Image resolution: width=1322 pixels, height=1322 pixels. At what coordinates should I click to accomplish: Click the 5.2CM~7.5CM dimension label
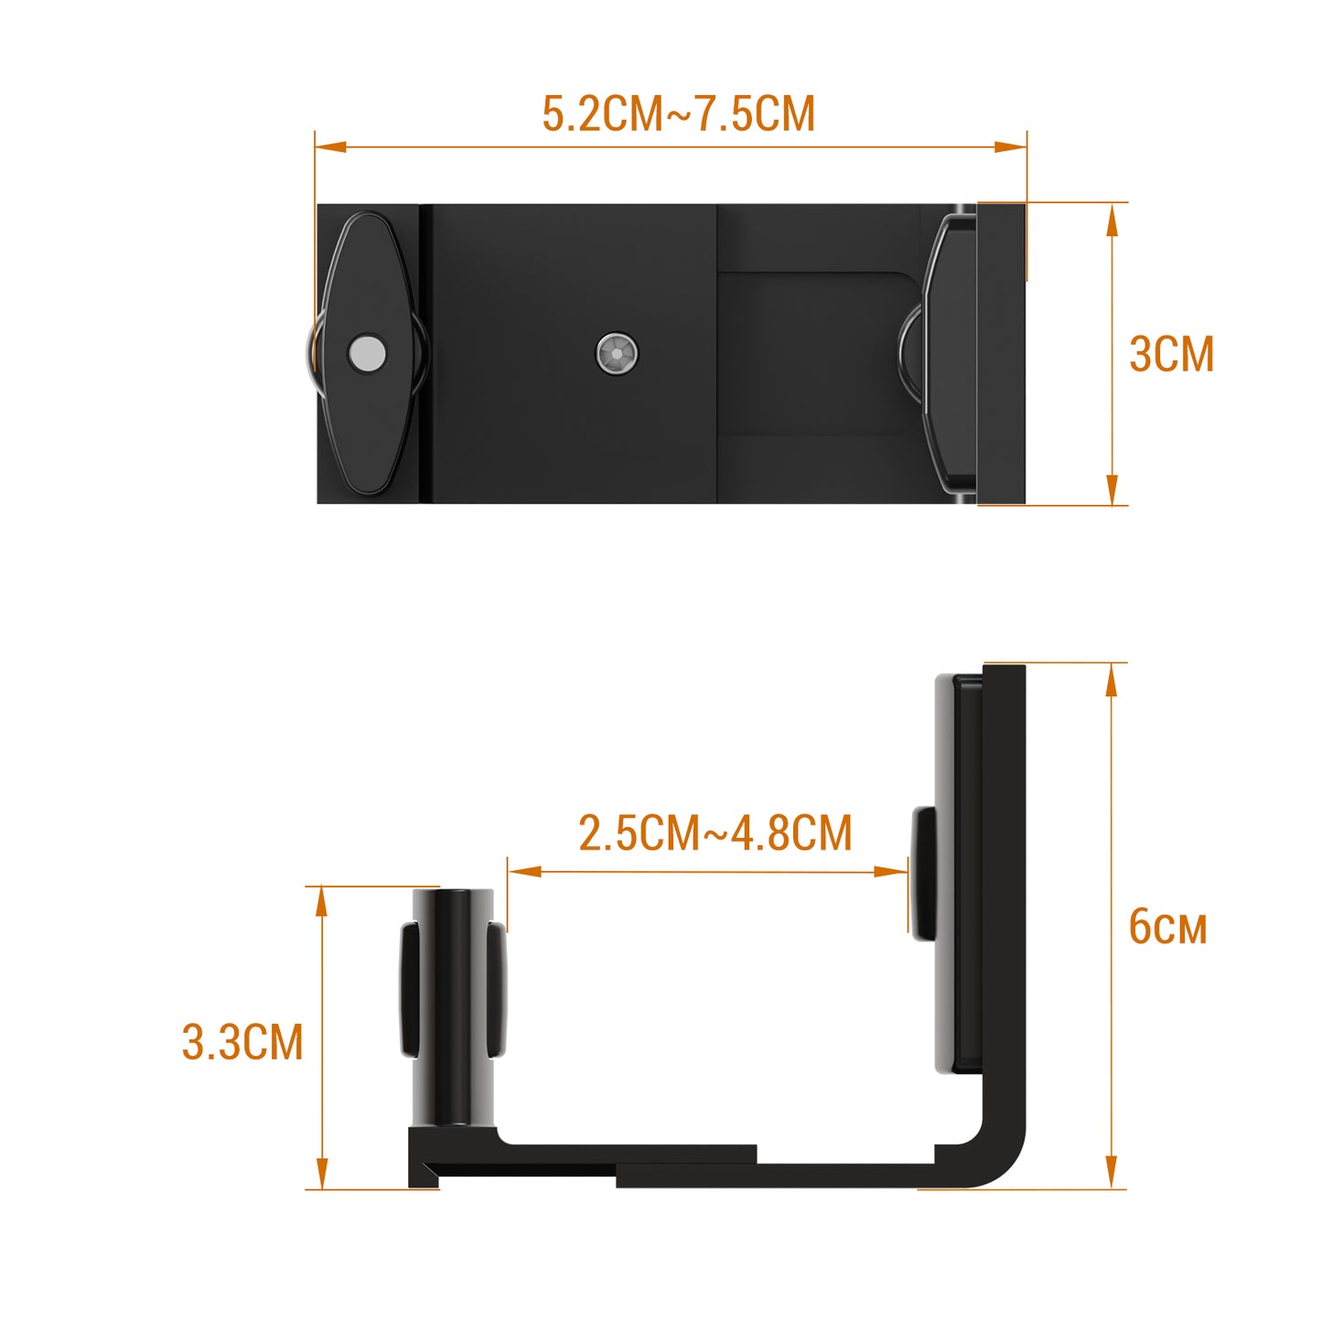click(678, 113)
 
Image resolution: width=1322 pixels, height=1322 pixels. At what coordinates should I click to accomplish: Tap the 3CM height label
click(1171, 354)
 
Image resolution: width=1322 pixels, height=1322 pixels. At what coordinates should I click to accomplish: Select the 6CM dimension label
click(1167, 927)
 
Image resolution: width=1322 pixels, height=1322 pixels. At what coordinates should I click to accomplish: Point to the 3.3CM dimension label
click(242, 1042)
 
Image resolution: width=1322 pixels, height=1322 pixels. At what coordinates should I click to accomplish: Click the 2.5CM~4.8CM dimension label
click(715, 833)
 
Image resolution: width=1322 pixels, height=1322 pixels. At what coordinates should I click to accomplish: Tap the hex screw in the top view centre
click(617, 353)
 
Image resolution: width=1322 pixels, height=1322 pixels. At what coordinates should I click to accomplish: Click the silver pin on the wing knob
click(367, 353)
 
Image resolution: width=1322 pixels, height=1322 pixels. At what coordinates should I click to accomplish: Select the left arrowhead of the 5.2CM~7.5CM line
click(331, 146)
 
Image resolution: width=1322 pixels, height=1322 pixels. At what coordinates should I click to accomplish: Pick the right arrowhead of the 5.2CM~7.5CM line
click(1011, 146)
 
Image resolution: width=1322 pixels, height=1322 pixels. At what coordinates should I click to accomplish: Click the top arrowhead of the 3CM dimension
click(1112, 220)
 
